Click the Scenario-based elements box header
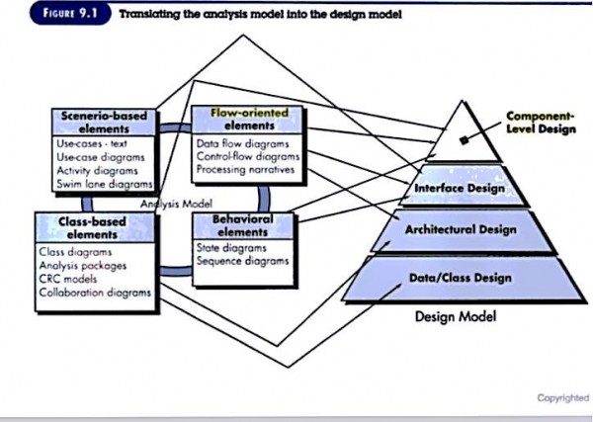(x=104, y=122)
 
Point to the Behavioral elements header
(x=241, y=224)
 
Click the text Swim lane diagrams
(x=104, y=183)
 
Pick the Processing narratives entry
(x=239, y=170)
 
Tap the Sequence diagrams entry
(x=242, y=262)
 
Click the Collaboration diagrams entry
(x=94, y=293)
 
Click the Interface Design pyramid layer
(x=458, y=188)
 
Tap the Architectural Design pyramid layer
(x=458, y=229)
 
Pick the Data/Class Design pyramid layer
(x=460, y=278)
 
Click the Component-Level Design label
(x=540, y=123)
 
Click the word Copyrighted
(x=562, y=397)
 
